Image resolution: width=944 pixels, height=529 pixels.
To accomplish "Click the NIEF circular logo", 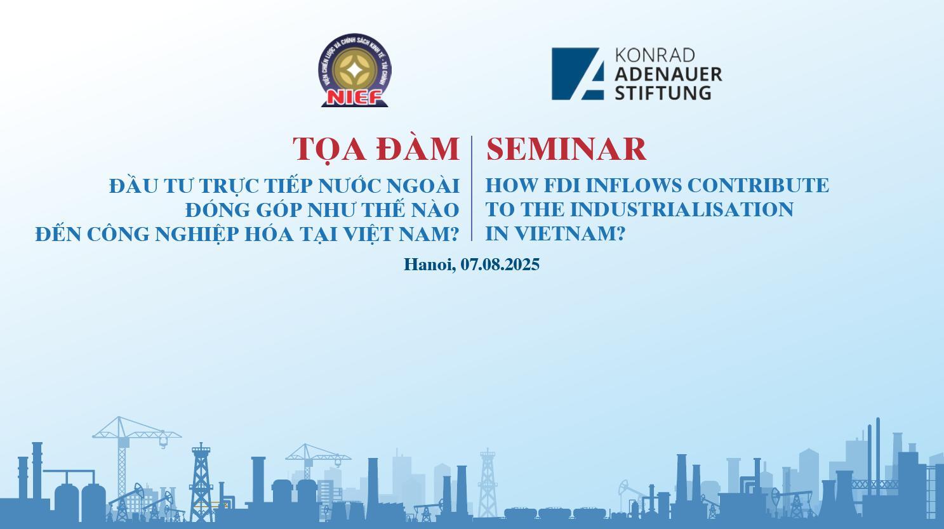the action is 354,70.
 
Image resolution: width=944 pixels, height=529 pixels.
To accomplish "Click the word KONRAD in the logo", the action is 655,55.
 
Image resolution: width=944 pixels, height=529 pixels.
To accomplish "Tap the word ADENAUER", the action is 668,74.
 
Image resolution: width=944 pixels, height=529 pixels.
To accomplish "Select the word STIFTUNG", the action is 663,93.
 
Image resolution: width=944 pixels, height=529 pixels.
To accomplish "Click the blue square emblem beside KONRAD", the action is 577,74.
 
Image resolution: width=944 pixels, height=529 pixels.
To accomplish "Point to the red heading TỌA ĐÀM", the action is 376,149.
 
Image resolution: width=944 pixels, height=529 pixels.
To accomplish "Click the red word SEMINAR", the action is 566,149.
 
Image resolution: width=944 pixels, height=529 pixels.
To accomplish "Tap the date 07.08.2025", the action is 500,264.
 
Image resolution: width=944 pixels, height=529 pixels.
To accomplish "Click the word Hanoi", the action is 430,264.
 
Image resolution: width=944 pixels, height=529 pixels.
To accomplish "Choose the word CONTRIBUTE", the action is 758,186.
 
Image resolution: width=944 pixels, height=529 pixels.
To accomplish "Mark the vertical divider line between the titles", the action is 472,188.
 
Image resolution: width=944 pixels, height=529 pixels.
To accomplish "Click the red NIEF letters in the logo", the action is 354,98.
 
